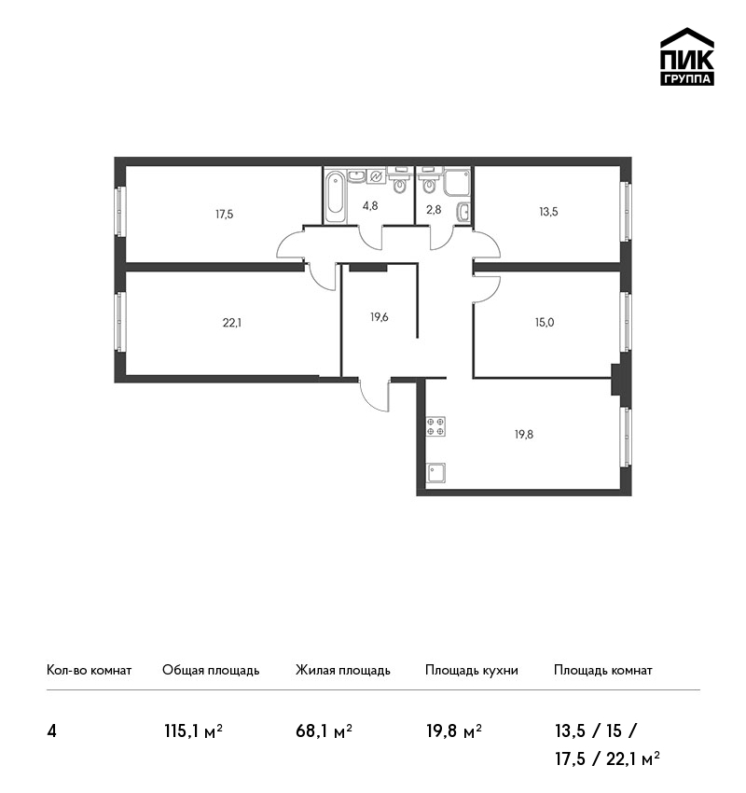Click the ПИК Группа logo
687,57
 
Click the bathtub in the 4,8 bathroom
335,197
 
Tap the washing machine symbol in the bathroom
376,176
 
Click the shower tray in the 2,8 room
457,183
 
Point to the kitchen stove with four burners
435,425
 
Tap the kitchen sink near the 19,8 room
435,472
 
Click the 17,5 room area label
225,215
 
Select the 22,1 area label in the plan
232,323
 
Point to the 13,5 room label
548,212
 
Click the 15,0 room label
545,322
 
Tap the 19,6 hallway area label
380,317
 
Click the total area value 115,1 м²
194,730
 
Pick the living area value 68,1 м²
324,730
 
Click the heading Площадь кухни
472,671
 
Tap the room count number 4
51,731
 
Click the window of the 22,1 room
119,322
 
